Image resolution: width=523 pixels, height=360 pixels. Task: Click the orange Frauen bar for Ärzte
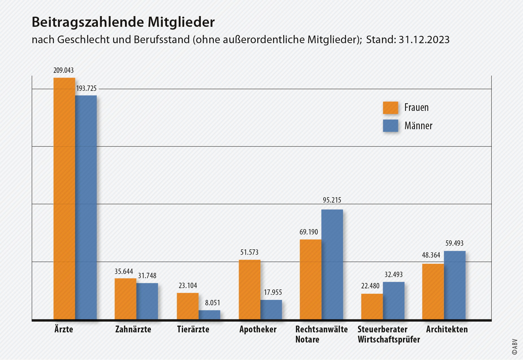pos(64,197)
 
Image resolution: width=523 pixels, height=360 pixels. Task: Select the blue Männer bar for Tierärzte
pos(209,315)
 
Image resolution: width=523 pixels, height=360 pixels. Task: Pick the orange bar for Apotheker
pos(249,289)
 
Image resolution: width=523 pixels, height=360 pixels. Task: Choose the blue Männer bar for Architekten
pos(454,285)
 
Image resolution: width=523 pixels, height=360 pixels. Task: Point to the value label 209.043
pos(63,70)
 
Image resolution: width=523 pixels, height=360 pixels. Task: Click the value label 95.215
pos(332,200)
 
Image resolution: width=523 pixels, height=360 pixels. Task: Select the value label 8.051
pos(212,303)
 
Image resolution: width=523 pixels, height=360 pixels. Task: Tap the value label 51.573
pos(249,252)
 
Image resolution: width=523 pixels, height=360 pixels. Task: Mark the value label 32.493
pos(394,275)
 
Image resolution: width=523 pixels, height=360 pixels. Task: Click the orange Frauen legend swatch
pos(390,108)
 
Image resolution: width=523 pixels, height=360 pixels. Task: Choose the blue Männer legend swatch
pos(390,126)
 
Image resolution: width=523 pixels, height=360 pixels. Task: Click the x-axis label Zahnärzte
pos(133,329)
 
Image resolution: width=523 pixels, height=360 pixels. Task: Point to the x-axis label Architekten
pos(447,329)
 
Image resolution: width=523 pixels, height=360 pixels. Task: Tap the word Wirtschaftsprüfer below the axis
pos(389,339)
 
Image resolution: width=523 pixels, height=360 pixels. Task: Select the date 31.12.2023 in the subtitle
pos(424,40)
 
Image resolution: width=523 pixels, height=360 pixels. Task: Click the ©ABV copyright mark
pos(515,347)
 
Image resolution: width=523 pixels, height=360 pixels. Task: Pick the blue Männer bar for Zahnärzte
pos(147,301)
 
